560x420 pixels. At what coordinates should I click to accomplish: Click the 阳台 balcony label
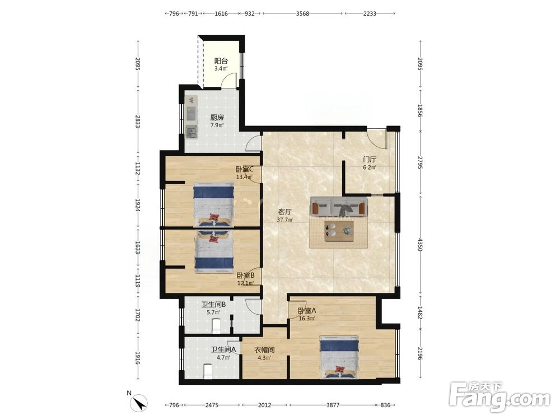[x=221, y=60]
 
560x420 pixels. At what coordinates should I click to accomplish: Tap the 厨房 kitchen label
[x=217, y=117]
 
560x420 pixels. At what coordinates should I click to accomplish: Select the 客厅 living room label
[x=284, y=212]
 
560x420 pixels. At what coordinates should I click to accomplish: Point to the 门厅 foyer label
[x=370, y=159]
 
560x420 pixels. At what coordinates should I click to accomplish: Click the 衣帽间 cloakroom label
[x=264, y=349]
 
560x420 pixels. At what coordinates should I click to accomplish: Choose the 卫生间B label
[x=213, y=305]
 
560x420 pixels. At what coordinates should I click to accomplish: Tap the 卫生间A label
[x=223, y=349]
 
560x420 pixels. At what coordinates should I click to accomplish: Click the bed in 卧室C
[x=213, y=205]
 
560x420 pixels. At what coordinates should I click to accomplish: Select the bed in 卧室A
[x=339, y=357]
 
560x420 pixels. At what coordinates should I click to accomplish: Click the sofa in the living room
[x=339, y=207]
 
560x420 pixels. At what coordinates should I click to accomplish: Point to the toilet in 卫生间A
[x=207, y=371]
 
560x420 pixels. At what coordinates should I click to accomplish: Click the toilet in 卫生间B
[x=216, y=326]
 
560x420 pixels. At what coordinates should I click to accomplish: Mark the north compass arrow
[x=141, y=403]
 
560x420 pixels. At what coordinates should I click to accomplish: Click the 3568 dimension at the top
[x=302, y=13]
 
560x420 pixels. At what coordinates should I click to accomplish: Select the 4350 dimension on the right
[x=420, y=245]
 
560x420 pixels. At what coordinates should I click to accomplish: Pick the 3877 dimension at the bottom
[x=333, y=405]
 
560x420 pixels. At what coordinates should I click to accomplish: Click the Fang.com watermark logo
[x=500, y=397]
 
